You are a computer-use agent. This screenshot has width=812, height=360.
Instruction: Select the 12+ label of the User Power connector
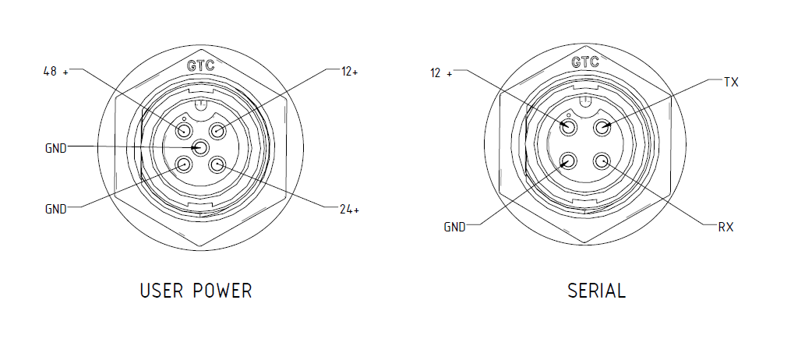pyautogui.click(x=349, y=71)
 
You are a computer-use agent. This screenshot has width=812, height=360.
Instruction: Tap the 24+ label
pyautogui.click(x=349, y=209)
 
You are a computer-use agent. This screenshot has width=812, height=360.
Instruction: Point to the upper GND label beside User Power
pyautogui.click(x=56, y=147)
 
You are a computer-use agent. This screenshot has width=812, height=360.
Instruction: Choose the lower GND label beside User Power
pyautogui.click(x=56, y=209)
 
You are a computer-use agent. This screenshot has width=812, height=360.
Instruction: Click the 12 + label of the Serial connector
pyautogui.click(x=441, y=73)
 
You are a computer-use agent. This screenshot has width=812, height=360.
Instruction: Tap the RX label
pyautogui.click(x=726, y=228)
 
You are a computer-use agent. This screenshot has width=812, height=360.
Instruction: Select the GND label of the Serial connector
pyautogui.click(x=454, y=228)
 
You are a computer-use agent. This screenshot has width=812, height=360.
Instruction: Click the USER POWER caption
pyautogui.click(x=196, y=291)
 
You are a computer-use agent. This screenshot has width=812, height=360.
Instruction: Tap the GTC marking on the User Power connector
pyautogui.click(x=201, y=65)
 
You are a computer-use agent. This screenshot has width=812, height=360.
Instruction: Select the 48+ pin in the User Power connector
pyautogui.click(x=184, y=129)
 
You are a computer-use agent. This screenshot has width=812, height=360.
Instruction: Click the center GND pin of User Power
pyautogui.click(x=201, y=146)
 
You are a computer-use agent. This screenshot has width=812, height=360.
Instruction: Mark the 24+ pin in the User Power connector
pyautogui.click(x=218, y=164)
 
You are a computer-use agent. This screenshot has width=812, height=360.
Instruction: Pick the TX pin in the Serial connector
pyautogui.click(x=602, y=127)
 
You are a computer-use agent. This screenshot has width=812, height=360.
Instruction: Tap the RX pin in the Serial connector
pyautogui.click(x=602, y=161)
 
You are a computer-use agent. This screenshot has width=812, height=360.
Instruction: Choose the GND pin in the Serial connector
pyautogui.click(x=568, y=161)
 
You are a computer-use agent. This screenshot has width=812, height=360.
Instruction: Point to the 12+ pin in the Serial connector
pyautogui.click(x=568, y=127)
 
